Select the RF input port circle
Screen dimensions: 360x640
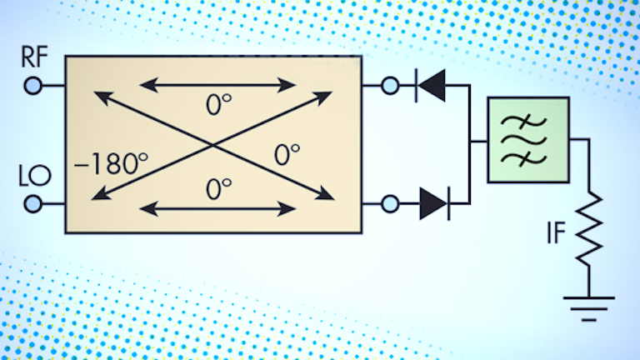pyautogui.click(x=32, y=85)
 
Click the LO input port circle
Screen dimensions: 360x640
pyautogui.click(x=32, y=203)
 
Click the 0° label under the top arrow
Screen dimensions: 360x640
pyautogui.click(x=218, y=106)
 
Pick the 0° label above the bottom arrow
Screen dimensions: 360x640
pyautogui.click(x=218, y=187)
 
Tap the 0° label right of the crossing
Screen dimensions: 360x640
pyautogui.click(x=286, y=155)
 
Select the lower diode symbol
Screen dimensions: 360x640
pyautogui.click(x=434, y=202)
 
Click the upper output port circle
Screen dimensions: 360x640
pyautogui.click(x=389, y=84)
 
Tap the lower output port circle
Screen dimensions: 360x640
pyautogui.click(x=389, y=202)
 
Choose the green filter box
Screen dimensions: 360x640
pyautogui.click(x=528, y=139)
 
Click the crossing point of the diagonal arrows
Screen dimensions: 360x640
pyautogui.click(x=213, y=145)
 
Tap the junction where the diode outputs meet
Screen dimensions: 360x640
pyautogui.click(x=470, y=142)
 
